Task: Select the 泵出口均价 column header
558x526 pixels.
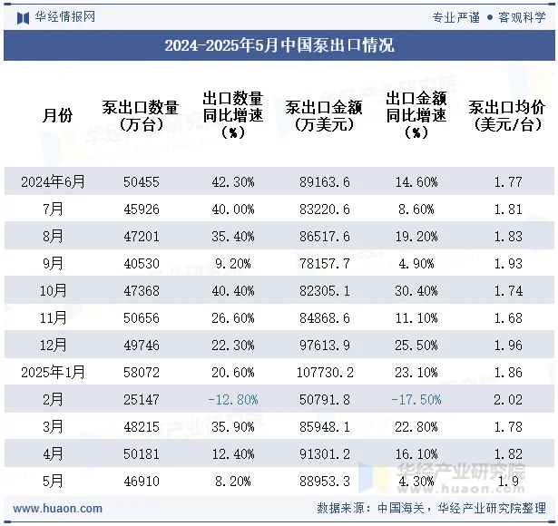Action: click(x=506, y=115)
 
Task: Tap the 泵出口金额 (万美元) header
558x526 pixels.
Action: click(x=324, y=115)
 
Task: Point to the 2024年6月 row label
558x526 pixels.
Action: click(x=54, y=182)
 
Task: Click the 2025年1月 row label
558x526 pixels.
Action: click(x=54, y=372)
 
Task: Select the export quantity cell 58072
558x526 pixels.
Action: click(x=142, y=372)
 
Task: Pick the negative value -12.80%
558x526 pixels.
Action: click(x=233, y=399)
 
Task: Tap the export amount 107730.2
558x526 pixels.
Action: click(x=325, y=372)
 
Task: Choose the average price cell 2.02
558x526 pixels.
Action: click(x=509, y=399)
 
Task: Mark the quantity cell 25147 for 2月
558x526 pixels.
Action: click(x=142, y=399)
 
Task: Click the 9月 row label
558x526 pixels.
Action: click(x=54, y=264)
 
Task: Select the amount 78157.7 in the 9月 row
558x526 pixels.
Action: click(x=325, y=264)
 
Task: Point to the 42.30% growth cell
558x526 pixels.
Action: click(x=233, y=182)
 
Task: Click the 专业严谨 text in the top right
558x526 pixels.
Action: click(x=456, y=16)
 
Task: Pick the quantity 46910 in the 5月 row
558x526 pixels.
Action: click(x=142, y=480)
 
